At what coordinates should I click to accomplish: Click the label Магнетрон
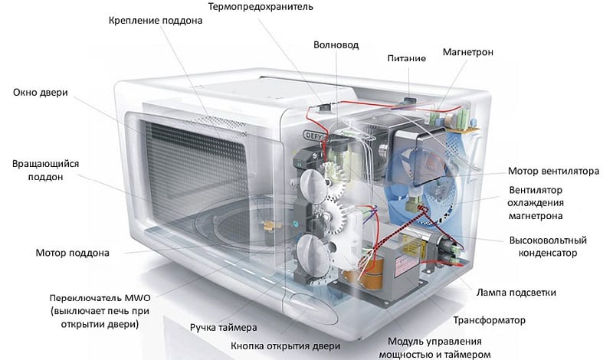point(467,52)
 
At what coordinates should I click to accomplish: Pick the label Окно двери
point(41,93)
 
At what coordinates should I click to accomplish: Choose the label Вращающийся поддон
point(45,171)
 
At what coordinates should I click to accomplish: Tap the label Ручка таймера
point(223,327)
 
